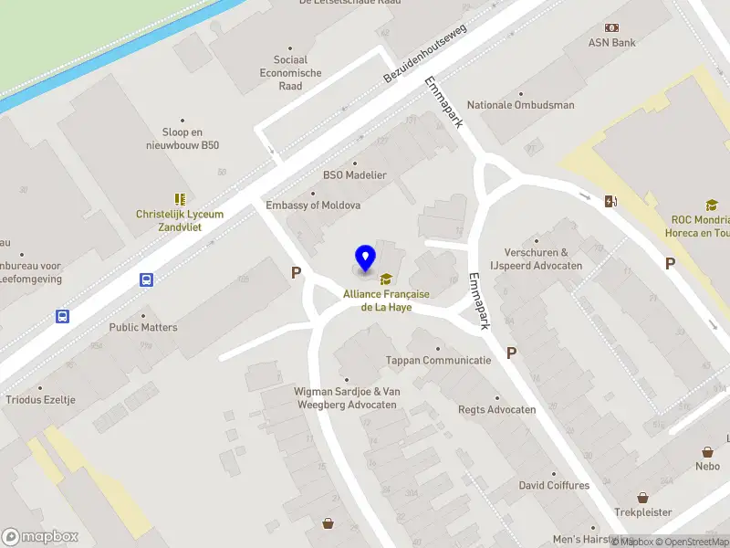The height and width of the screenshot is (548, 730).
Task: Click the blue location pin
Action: pyautogui.click(x=365, y=258)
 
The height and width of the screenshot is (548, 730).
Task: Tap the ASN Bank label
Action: pyautogui.click(x=611, y=42)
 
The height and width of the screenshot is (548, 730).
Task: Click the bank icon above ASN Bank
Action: pyautogui.click(x=611, y=27)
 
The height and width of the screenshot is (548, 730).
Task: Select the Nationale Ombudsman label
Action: pyautogui.click(x=521, y=105)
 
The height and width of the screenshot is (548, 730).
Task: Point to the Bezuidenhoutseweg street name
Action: pyautogui.click(x=425, y=56)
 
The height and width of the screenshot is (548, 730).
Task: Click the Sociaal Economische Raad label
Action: pyautogui.click(x=290, y=73)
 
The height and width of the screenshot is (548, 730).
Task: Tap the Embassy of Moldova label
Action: pyautogui.click(x=313, y=205)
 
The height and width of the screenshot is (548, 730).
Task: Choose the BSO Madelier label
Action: pyautogui.click(x=355, y=175)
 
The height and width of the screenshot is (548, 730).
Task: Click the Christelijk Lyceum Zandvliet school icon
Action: pyautogui.click(x=180, y=199)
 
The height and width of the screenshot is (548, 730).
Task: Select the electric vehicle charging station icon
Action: pyautogui.click(x=610, y=202)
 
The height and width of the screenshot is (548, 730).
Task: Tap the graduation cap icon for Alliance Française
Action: pyautogui.click(x=386, y=279)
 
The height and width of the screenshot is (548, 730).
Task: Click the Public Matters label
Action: pyautogui.click(x=143, y=327)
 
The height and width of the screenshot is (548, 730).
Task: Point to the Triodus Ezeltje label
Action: pyautogui.click(x=40, y=400)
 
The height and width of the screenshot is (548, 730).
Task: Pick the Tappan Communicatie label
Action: pyautogui.click(x=438, y=360)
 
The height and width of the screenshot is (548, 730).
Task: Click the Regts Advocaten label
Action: pyautogui.click(x=496, y=409)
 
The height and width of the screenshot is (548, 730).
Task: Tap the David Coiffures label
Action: pyautogui.click(x=554, y=485)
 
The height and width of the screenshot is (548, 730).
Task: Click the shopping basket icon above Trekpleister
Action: pyautogui.click(x=643, y=499)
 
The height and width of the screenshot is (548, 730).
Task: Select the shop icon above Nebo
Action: pyautogui.click(x=707, y=452)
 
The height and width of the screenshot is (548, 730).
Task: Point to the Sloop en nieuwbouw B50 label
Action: pyautogui.click(x=182, y=138)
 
